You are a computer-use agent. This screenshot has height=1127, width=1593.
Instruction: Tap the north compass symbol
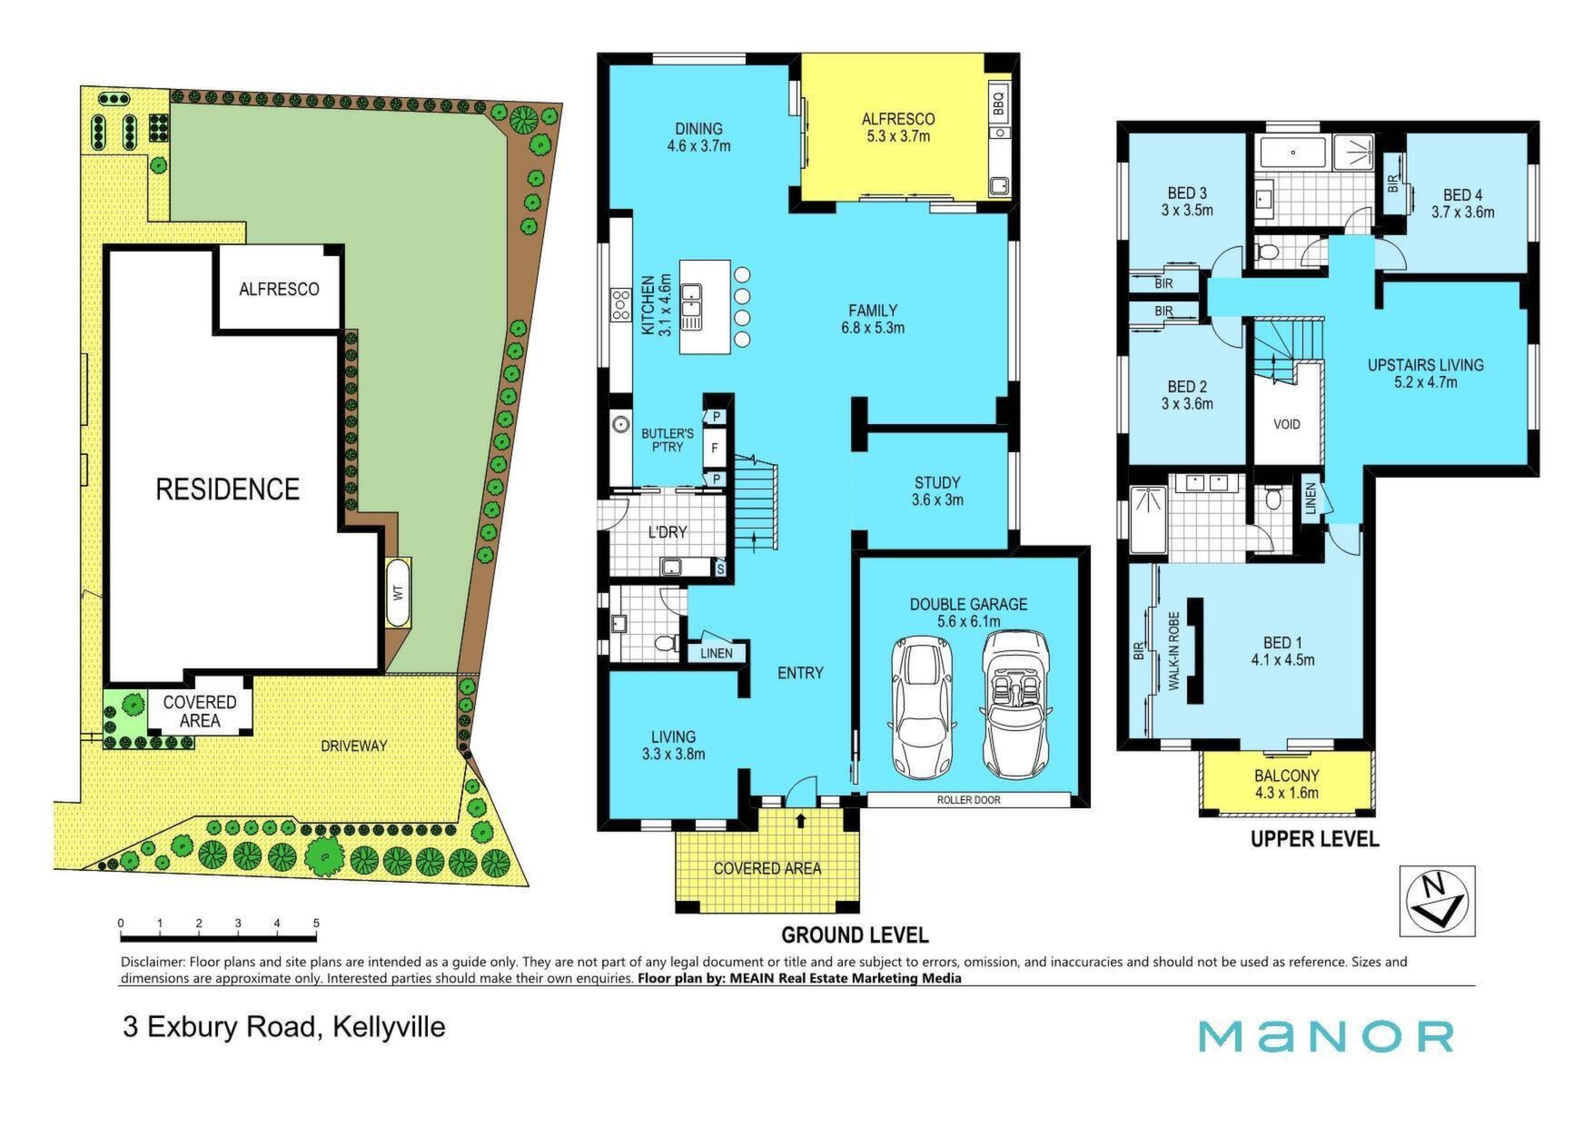coord(1437,901)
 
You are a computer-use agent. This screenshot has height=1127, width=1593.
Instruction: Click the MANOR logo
coord(1326,1036)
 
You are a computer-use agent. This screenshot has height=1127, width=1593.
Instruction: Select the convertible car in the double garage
coord(1015,704)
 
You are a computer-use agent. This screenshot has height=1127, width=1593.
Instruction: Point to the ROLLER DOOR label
coord(969,800)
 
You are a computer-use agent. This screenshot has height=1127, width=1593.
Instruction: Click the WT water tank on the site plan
coord(398,592)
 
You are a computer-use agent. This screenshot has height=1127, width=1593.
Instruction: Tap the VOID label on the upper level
coord(1286,424)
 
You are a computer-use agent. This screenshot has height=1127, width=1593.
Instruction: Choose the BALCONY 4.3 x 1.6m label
coord(1286,784)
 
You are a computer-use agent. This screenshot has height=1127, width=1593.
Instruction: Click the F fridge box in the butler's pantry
coord(716,448)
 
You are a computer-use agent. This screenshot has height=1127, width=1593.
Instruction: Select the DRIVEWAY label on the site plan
coord(353,746)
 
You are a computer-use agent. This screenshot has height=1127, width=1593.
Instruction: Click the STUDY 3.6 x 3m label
coord(937,491)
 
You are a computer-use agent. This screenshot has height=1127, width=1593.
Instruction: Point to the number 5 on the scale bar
coord(316,924)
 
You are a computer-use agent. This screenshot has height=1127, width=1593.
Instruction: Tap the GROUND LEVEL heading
coord(855,934)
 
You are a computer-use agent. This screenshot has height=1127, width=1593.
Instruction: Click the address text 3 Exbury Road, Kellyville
coord(284,1027)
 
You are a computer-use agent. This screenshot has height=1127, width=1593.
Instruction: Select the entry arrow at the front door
coord(800,821)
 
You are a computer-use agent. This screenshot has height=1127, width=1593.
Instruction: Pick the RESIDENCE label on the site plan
coord(227,489)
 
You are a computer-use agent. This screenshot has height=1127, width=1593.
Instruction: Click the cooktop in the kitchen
coord(621,306)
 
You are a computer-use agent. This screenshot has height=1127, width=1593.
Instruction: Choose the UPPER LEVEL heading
coord(1314,839)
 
